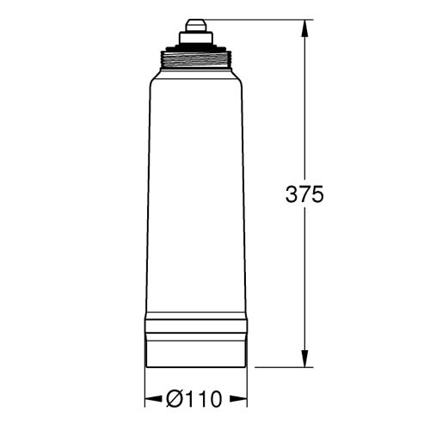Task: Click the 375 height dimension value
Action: coord(304,194)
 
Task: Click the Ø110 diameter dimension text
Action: coord(194,399)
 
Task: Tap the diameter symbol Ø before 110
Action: coord(174,399)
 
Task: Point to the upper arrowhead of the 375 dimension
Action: coord(304,28)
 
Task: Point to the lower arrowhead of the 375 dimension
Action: coord(304,359)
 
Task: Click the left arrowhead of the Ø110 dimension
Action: coord(153,399)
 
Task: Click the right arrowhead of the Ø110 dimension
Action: coord(238,399)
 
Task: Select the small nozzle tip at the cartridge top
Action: coord(196,25)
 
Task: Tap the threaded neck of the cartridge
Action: coord(196,59)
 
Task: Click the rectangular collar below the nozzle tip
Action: coord(196,38)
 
